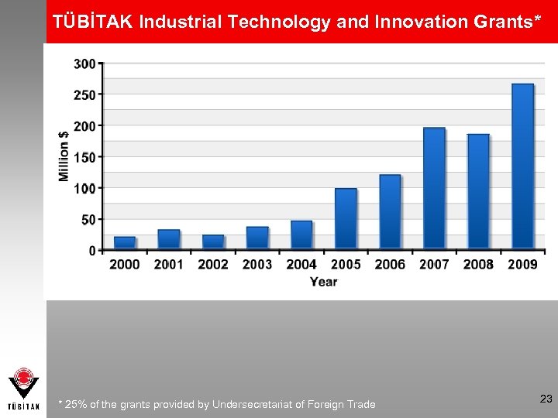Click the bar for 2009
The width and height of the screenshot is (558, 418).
[x=523, y=166]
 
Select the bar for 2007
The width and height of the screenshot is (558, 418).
[x=434, y=189]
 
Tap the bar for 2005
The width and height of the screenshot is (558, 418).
[x=346, y=219]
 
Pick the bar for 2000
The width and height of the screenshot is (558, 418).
[x=125, y=243]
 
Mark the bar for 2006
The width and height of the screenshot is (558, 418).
[x=390, y=212]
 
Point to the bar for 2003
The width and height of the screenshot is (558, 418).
[x=257, y=238]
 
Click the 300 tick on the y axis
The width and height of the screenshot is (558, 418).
[x=85, y=63]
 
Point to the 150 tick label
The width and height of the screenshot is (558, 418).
[x=85, y=157]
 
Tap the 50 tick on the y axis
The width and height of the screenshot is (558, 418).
[x=88, y=220]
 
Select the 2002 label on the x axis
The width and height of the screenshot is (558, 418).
[x=213, y=265]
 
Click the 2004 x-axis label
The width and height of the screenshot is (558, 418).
[x=301, y=265]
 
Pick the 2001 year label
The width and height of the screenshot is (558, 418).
[x=169, y=265]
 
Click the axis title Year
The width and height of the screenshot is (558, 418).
[x=324, y=282]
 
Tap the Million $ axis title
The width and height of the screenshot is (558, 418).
[x=64, y=156]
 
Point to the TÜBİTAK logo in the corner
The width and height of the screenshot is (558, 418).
[x=23, y=388]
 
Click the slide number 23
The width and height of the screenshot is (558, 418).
[x=546, y=399]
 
